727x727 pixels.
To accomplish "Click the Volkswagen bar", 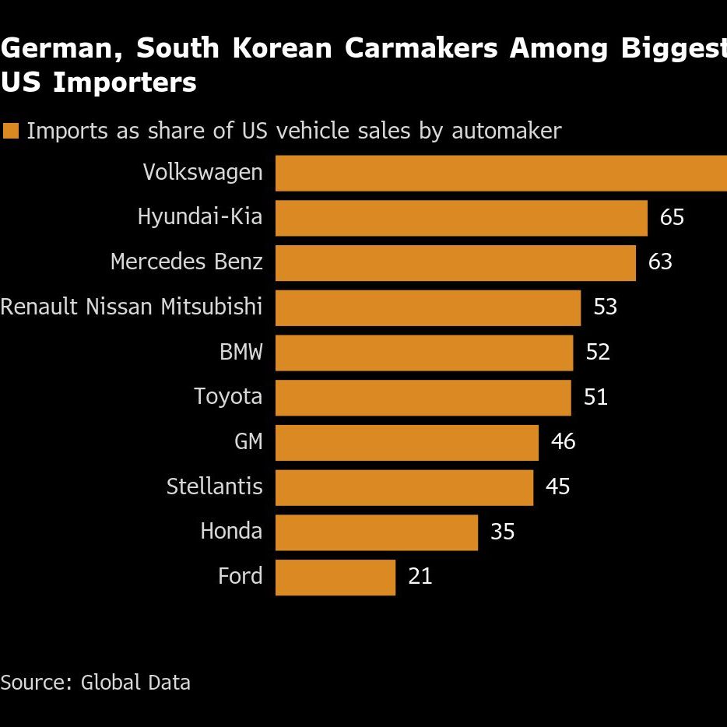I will pyautogui.click(x=501, y=173).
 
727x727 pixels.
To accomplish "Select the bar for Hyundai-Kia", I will pyautogui.click(x=461, y=218).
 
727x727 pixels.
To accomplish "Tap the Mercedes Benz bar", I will pyautogui.click(x=455, y=263).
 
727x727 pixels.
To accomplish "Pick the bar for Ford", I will pyautogui.click(x=335, y=578).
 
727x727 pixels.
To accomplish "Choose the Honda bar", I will pyautogui.click(x=377, y=532).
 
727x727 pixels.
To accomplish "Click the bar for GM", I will pyautogui.click(x=407, y=442).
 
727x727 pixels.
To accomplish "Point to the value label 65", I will pyautogui.click(x=672, y=217).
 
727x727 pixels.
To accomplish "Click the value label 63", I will pyautogui.click(x=660, y=262).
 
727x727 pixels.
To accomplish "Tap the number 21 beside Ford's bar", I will pyautogui.click(x=420, y=577).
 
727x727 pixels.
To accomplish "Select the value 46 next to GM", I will pyautogui.click(x=563, y=442).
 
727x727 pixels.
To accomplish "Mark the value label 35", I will pyautogui.click(x=503, y=532).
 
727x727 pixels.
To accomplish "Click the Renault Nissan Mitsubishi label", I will pyautogui.click(x=132, y=307).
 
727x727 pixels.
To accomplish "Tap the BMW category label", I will pyautogui.click(x=241, y=353).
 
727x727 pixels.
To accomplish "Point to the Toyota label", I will pyautogui.click(x=228, y=397).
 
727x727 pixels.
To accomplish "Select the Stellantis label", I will pyautogui.click(x=215, y=487).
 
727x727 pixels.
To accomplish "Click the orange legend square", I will pyautogui.click(x=10, y=131).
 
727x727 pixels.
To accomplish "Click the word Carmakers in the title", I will pyautogui.click(x=421, y=48).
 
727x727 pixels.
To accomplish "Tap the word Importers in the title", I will pyautogui.click(x=125, y=83).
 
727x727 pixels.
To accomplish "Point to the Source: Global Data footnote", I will pyautogui.click(x=95, y=683).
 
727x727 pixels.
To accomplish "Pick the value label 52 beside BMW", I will pyautogui.click(x=598, y=353).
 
